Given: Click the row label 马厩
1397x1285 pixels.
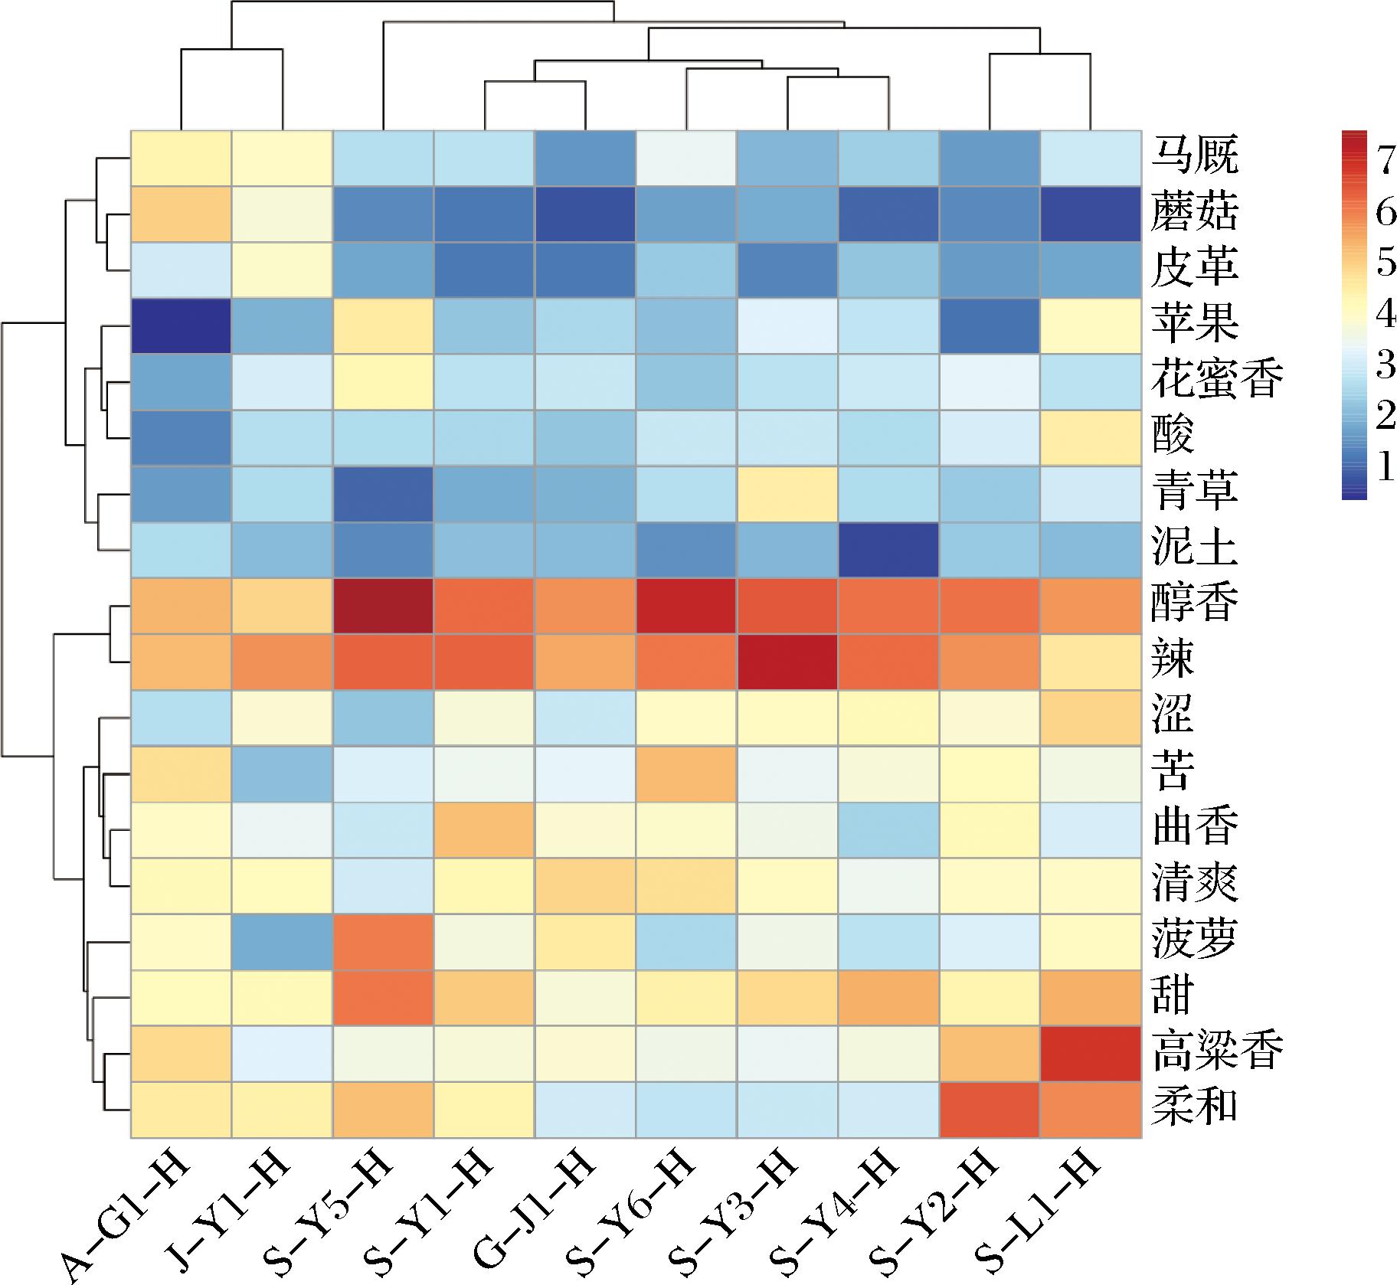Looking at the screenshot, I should (x=1194, y=158).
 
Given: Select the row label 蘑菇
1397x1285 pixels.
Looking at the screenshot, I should (x=1194, y=214).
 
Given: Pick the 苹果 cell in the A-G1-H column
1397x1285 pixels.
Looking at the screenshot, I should (x=181, y=325).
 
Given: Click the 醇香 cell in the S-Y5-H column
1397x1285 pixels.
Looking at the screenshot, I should (x=383, y=606).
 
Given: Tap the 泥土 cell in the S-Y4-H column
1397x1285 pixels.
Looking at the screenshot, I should (x=888, y=550).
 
